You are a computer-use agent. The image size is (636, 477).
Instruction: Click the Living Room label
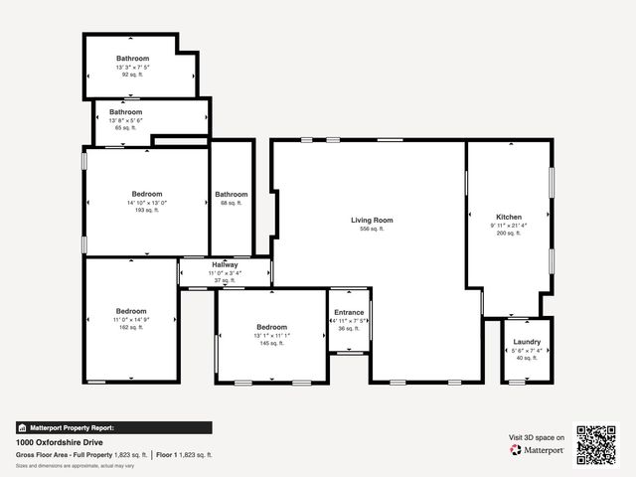[x=372, y=220]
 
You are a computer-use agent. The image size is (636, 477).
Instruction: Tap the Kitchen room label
[x=509, y=217]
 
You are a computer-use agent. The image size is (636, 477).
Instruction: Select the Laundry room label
[x=527, y=342]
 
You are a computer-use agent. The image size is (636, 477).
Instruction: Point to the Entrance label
[x=349, y=313]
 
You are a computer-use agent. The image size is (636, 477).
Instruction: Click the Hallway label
[x=225, y=265]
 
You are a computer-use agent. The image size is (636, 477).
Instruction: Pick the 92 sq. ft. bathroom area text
[x=132, y=75]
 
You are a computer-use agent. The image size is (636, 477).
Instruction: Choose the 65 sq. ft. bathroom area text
[x=126, y=128]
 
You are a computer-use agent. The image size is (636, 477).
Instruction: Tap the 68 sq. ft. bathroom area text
[x=232, y=203]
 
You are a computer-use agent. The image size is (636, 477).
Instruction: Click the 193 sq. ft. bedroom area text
[x=147, y=210]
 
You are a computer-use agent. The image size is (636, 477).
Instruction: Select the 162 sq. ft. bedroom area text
[x=131, y=327]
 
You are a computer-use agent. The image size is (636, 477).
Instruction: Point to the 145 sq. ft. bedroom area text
[x=271, y=344]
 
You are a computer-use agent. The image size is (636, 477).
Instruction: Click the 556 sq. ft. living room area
[x=372, y=229]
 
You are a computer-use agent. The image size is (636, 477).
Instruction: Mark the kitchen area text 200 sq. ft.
[x=509, y=233]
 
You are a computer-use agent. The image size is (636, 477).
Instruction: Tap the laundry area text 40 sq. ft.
[x=527, y=358]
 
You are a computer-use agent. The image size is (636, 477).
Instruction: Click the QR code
[x=597, y=445]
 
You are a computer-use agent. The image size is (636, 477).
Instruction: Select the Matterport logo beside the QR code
[x=537, y=450]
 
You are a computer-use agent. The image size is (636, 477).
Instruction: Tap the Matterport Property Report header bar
[x=113, y=427]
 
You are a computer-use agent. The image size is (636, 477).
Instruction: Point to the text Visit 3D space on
[x=537, y=437]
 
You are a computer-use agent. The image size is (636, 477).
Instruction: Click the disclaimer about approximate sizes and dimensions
[x=75, y=465]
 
